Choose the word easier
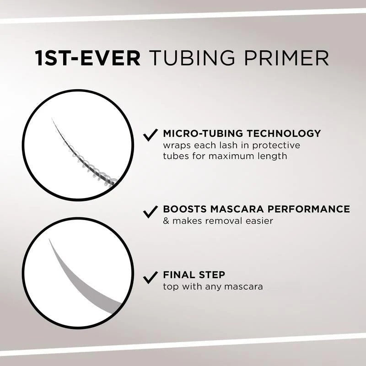coord(259,221)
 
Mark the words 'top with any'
coord(190,287)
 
